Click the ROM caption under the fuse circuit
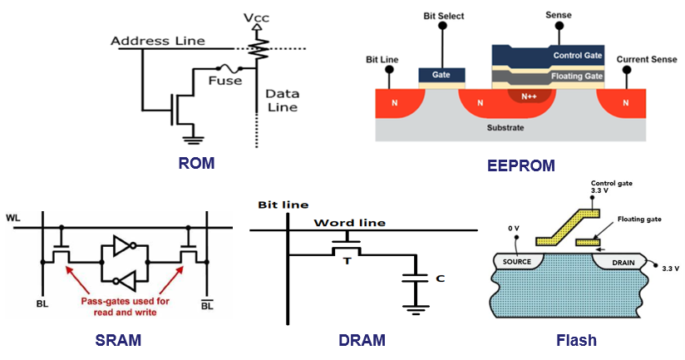point(196,163)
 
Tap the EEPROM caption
point(520,165)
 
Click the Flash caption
point(576,340)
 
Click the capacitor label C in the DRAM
point(437,279)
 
